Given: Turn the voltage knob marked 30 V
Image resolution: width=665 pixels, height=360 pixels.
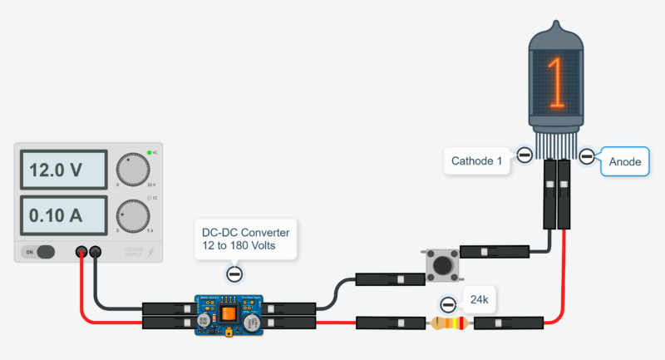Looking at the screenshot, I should tap(132, 170).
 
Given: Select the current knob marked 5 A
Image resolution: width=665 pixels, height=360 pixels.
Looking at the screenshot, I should tap(132, 215).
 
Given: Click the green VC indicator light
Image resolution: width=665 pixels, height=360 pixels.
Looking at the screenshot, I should tap(150, 153).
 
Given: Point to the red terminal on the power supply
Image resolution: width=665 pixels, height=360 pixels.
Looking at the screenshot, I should tap(81, 251).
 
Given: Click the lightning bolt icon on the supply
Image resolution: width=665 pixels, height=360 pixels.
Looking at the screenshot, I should tap(150, 251).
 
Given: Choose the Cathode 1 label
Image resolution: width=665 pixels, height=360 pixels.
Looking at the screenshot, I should tap(477, 160).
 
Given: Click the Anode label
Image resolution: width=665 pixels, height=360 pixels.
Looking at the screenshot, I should tap(625, 161).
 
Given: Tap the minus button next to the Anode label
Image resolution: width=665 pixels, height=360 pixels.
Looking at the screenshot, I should tap(587, 155).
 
